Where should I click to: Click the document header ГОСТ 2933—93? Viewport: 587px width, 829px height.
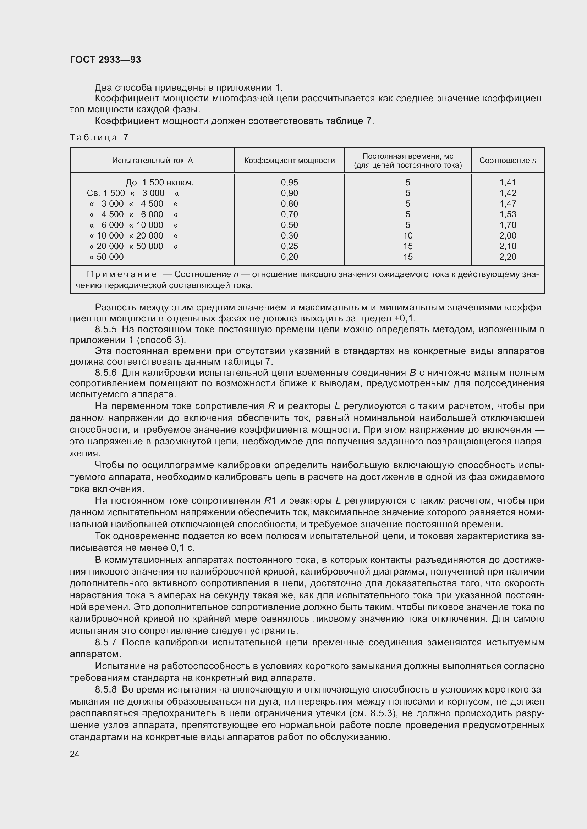pos(105,60)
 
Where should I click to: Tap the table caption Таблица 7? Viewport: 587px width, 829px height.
pos(99,138)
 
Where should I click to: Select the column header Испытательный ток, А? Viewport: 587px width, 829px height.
pos(152,160)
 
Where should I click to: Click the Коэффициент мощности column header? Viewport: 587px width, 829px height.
pos(289,160)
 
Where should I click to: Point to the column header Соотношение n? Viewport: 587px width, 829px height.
pos(508,160)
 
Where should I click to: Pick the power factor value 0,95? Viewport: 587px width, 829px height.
pos(289,183)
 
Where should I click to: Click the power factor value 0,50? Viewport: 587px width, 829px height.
pos(289,225)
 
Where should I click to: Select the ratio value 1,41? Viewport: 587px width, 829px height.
pos(508,183)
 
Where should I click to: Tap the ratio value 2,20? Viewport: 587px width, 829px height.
pos(508,257)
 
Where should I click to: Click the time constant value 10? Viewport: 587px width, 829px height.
pos(408,236)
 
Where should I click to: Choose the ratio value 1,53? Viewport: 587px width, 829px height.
pos(508,214)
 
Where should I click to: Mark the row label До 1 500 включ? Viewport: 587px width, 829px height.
pos(159,183)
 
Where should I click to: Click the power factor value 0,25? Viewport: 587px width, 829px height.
pos(289,247)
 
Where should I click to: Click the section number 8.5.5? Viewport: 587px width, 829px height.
pos(106,329)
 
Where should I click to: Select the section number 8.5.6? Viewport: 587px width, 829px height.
pos(106,373)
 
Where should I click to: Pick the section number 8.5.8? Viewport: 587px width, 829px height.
pos(106,689)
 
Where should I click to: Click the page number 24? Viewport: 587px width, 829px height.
pos(75,754)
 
